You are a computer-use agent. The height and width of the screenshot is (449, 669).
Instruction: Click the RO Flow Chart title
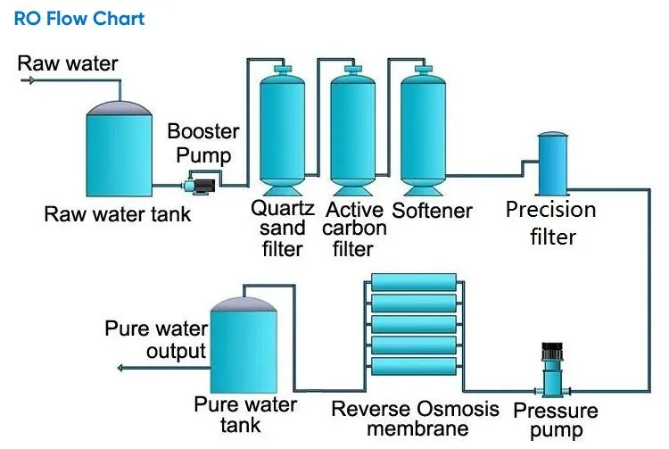(x=79, y=19)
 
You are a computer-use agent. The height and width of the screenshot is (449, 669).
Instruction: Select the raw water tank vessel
(x=119, y=152)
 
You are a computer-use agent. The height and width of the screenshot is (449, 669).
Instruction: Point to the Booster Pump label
(x=203, y=143)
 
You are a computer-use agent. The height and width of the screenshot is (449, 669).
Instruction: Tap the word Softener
(x=432, y=211)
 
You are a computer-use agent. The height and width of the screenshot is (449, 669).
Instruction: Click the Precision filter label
(x=550, y=223)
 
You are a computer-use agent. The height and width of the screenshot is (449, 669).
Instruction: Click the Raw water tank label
(x=118, y=214)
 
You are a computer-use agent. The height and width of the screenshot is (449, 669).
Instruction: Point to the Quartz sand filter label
(x=283, y=228)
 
